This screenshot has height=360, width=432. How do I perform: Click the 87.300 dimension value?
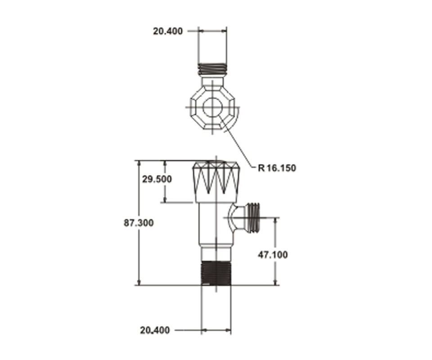[139, 223]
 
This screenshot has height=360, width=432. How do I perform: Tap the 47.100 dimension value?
[273, 255]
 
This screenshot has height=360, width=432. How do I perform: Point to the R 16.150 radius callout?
[277, 168]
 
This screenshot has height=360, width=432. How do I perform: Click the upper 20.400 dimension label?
[167, 31]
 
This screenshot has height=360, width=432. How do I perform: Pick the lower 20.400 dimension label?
[155, 330]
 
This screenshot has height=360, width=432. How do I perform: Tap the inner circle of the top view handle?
[212, 108]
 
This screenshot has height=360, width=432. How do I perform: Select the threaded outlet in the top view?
[212, 69]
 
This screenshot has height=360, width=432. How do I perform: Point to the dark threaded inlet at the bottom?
[216, 273]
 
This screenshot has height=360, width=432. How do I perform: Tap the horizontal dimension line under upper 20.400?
[212, 31]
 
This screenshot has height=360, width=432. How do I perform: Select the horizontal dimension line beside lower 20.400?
[216, 330]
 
